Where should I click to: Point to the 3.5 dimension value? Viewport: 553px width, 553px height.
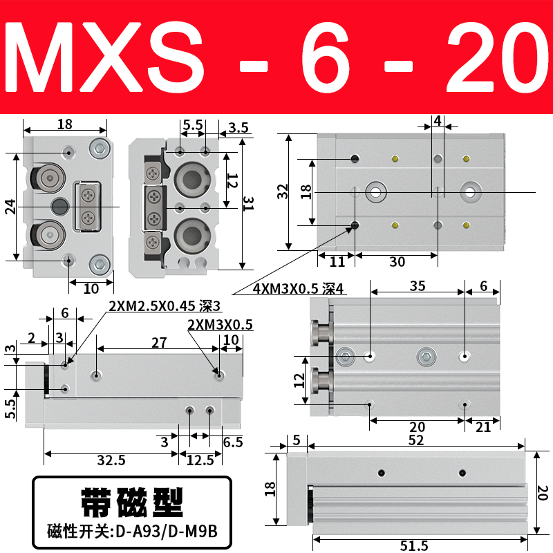(x=238, y=126)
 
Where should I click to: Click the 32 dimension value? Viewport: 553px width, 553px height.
(x=282, y=191)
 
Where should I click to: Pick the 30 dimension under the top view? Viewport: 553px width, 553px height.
(x=397, y=262)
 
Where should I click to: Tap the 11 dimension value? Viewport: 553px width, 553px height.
(x=337, y=262)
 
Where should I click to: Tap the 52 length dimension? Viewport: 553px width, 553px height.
(x=416, y=440)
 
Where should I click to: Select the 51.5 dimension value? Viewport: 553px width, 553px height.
(x=415, y=545)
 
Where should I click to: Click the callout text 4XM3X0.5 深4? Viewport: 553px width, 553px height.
(x=299, y=290)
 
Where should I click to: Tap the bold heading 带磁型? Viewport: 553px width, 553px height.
(x=131, y=503)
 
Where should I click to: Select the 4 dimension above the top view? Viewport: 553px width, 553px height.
(x=437, y=120)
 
